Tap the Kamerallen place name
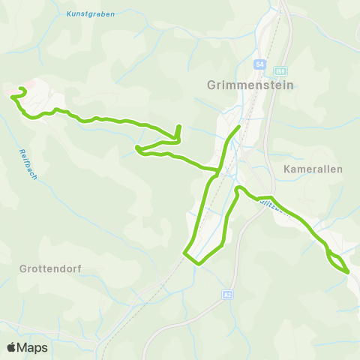point(313,169)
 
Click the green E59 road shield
point(280,70)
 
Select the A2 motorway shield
point(227,295)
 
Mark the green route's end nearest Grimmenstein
point(238,127)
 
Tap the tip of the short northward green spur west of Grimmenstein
point(178,126)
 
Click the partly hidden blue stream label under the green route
point(274,203)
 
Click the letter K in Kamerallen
point(288,169)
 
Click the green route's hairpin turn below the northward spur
point(137,149)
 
